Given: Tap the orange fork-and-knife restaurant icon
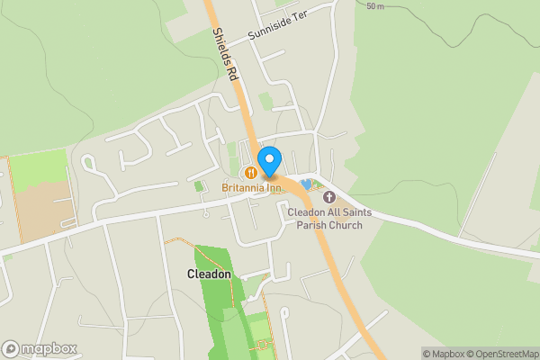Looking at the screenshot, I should pos(244,172).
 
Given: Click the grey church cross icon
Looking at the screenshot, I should pos(328,196).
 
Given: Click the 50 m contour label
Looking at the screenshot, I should pos(375,6).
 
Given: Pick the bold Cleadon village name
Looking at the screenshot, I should pos(209,274).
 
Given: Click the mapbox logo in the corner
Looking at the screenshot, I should pos(39,348).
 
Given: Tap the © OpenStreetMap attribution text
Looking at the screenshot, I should pos(503,354).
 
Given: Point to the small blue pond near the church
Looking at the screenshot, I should pos(307,184).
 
